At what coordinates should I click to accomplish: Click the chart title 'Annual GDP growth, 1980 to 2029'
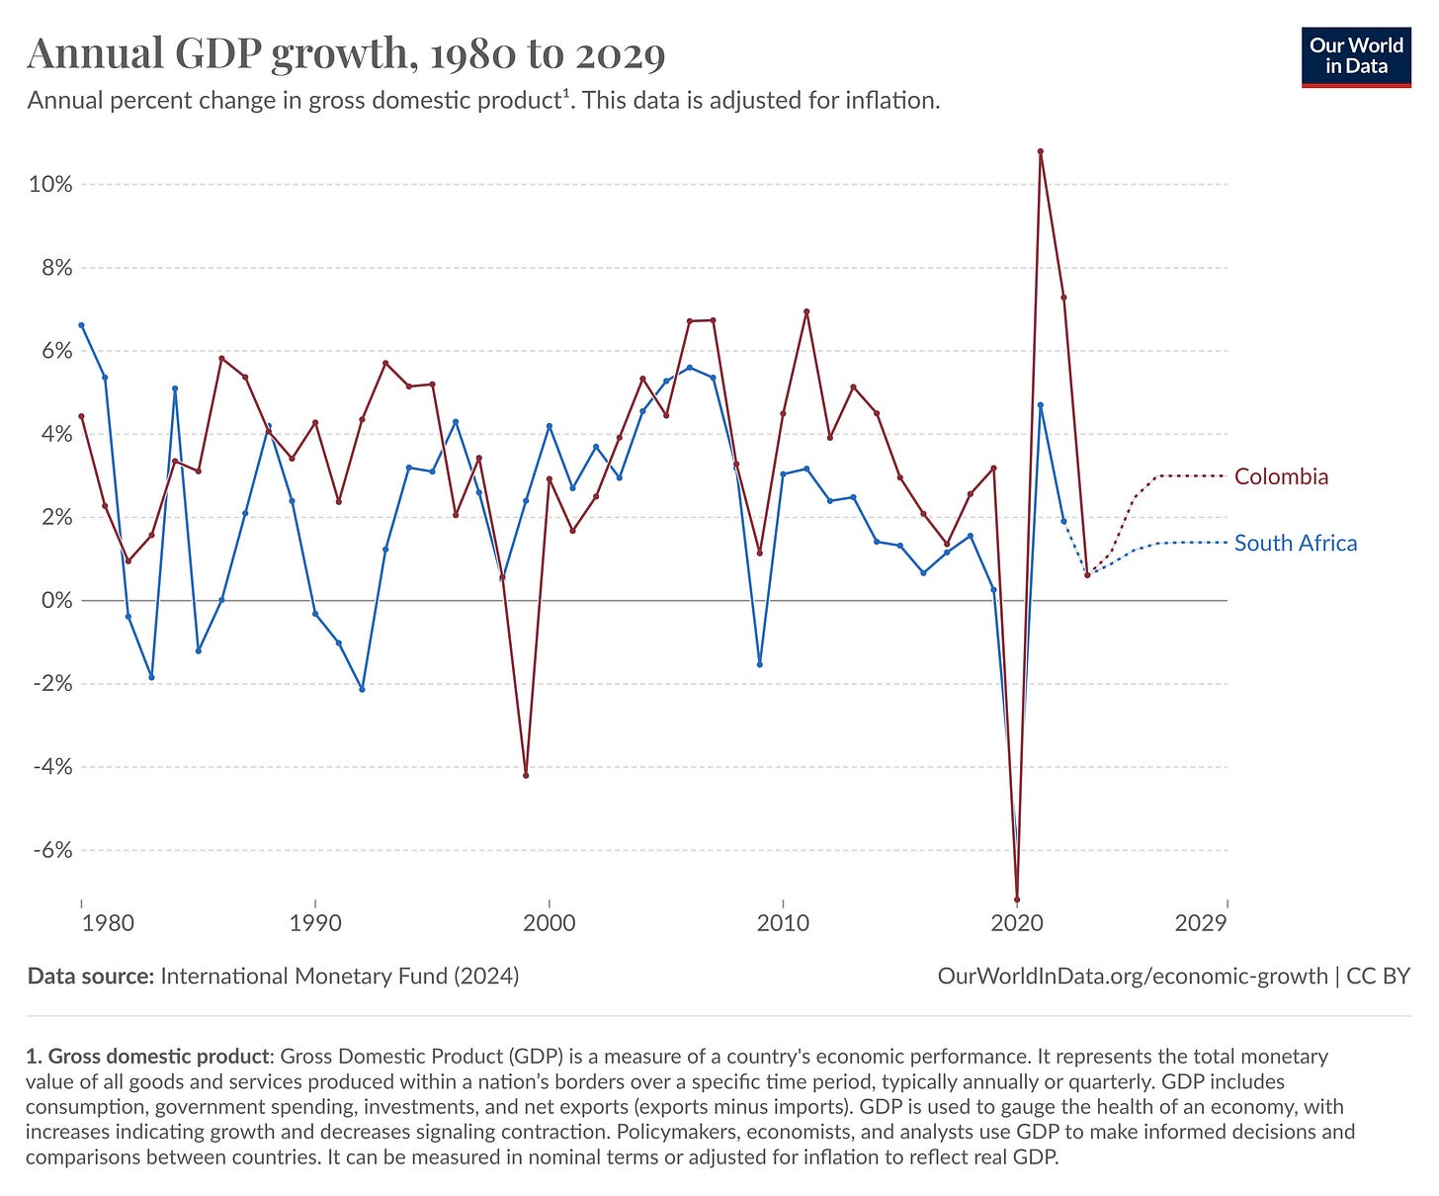pyautogui.click(x=346, y=53)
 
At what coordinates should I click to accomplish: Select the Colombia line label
pyautogui.click(x=1281, y=477)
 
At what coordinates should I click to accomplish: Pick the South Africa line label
pyautogui.click(x=1295, y=544)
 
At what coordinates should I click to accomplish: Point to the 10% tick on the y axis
pyautogui.click(x=50, y=185)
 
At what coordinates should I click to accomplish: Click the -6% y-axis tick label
pyautogui.click(x=50, y=850)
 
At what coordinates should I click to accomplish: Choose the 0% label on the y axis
pyautogui.click(x=55, y=601)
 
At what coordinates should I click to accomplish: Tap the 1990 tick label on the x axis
pyautogui.click(x=315, y=924)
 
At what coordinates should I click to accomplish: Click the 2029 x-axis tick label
pyautogui.click(x=1202, y=924)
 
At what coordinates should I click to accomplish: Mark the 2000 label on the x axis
pyautogui.click(x=549, y=924)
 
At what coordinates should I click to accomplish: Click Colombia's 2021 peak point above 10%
pyautogui.click(x=1041, y=151)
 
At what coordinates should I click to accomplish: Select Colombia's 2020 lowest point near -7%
pyautogui.click(x=1017, y=899)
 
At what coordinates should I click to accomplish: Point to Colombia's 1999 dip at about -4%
pyautogui.click(x=526, y=775)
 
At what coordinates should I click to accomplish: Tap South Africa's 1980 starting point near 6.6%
pyautogui.click(x=81, y=325)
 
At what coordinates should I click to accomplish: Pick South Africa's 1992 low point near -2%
pyautogui.click(x=362, y=689)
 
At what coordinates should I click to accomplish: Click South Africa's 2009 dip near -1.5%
pyautogui.click(x=759, y=664)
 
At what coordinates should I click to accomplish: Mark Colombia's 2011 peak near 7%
pyautogui.click(x=806, y=311)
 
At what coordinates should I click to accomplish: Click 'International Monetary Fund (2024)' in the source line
pyautogui.click(x=339, y=977)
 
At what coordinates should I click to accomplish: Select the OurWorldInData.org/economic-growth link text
pyautogui.click(x=1132, y=977)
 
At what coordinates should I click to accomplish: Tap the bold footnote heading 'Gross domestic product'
pyautogui.click(x=157, y=1056)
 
